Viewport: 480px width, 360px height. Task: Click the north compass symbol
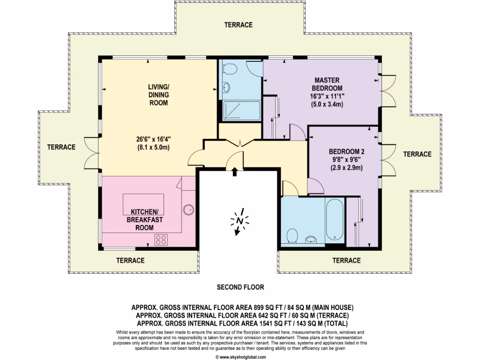(240, 221)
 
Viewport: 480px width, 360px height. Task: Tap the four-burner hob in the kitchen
(161, 240)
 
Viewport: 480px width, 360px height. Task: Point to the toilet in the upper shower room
(229, 68)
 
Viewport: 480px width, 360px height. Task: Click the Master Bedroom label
(327, 84)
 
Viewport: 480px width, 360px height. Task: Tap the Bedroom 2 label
(346, 151)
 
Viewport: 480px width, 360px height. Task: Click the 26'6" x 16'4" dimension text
(153, 139)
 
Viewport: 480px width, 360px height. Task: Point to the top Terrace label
(238, 25)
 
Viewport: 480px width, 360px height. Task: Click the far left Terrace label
(61, 147)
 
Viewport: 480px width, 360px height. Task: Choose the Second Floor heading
(240, 287)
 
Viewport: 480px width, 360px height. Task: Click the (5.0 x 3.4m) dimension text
(327, 104)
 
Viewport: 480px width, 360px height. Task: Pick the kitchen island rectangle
(143, 204)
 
